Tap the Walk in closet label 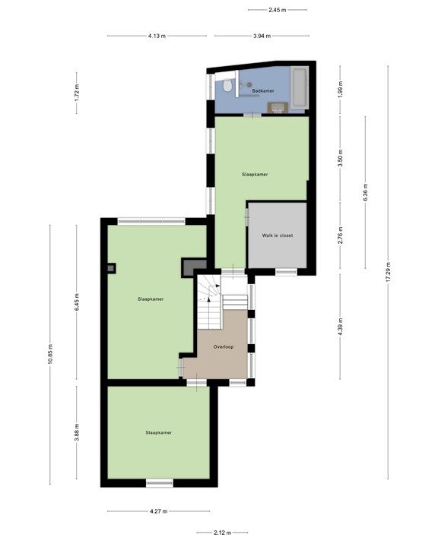coord(278,236)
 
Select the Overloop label coord(223,346)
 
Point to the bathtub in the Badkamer coord(299,88)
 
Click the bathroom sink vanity coord(277,108)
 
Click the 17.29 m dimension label coord(388,272)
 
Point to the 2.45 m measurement coord(277,10)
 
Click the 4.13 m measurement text coord(157,36)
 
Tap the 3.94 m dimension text coord(262,36)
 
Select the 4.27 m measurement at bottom coord(158,511)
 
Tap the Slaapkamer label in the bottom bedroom coord(158,432)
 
